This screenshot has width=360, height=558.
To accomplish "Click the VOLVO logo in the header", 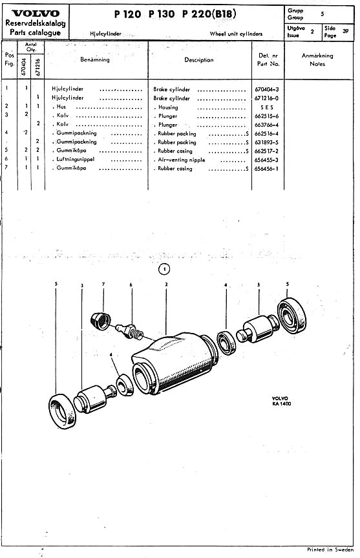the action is click(36, 14).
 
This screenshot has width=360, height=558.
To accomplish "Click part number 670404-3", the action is click(267, 90).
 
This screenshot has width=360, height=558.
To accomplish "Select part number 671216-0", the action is click(267, 98).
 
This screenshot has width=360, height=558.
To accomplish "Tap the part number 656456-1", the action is click(267, 169).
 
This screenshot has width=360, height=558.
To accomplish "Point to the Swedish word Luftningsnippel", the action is click(76, 160).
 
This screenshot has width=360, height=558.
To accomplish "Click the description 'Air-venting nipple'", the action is click(182, 160).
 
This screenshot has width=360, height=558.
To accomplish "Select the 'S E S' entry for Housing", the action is click(267, 107).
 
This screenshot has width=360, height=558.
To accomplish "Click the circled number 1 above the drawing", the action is click(164, 270).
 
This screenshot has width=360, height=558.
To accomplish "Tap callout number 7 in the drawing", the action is click(103, 284).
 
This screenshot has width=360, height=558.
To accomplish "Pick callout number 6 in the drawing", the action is click(131, 284).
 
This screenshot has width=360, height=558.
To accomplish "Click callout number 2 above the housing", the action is click(166, 284).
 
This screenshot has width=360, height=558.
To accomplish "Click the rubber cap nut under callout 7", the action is click(101, 321).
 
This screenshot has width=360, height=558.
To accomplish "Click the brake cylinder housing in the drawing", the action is click(175, 363).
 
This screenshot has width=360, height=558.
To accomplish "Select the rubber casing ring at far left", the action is click(62, 411).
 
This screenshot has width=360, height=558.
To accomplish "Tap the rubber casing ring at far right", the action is click(291, 316).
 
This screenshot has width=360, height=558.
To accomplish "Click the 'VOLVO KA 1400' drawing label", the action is click(281, 401).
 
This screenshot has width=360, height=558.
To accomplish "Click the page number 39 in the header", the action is click(345, 31).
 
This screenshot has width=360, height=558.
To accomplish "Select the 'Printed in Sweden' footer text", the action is click(330, 550).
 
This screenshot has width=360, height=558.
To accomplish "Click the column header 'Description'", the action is click(199, 59).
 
